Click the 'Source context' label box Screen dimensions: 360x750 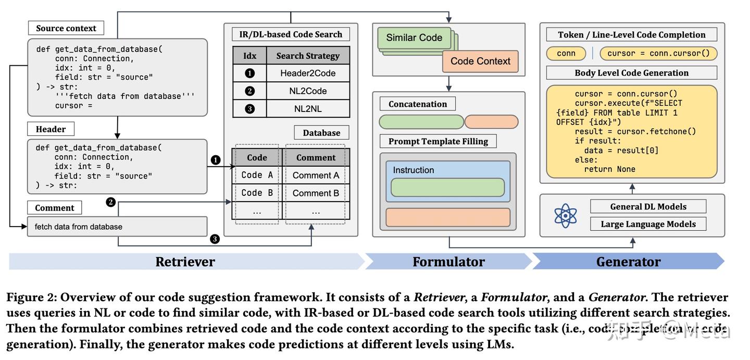(66, 28)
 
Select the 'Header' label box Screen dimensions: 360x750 (51, 129)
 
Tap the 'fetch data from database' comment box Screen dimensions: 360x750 (117, 227)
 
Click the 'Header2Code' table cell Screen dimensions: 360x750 (308, 73)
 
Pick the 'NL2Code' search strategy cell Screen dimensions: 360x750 (308, 91)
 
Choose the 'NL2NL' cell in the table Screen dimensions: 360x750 (308, 109)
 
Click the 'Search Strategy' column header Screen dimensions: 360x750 (308, 55)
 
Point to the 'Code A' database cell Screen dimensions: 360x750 (257, 175)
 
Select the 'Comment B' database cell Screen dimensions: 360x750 (316, 193)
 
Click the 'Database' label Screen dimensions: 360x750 (321, 132)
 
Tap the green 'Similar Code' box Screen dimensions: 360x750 (414, 38)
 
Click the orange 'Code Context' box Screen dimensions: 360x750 (480, 61)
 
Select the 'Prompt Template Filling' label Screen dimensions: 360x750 (438, 141)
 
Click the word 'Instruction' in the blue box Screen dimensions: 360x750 (413, 170)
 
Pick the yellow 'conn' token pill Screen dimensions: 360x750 (566, 53)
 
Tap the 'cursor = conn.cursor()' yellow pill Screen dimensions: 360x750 (658, 53)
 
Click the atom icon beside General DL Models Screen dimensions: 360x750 (565, 215)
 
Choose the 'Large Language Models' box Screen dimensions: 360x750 (648, 224)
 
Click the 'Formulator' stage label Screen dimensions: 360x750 (448, 262)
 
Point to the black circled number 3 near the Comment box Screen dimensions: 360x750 (215, 239)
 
